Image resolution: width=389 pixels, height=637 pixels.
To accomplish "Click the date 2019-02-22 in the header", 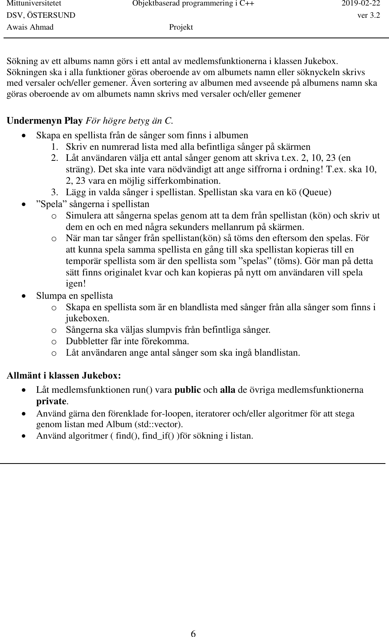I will pyautogui.click(x=361, y=4).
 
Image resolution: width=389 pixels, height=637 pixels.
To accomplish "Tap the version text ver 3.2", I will pyautogui.click(x=369, y=15).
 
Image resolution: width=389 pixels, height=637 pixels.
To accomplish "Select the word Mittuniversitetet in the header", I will pyautogui.click(x=34, y=4).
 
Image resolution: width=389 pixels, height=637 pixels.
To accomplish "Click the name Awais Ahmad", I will pyautogui.click(x=30, y=27).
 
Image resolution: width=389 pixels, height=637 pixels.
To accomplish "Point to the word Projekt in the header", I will pyautogui.click(x=181, y=27).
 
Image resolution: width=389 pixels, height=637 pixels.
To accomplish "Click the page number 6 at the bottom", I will pyautogui.click(x=193, y=623).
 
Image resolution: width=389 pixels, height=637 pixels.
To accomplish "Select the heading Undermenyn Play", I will pyautogui.click(x=45, y=121).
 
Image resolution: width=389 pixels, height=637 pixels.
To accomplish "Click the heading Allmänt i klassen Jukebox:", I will pyautogui.click(x=64, y=375).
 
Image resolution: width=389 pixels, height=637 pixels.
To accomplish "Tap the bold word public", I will pyautogui.click(x=188, y=390).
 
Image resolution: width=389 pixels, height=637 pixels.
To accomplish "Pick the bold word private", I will pyautogui.click(x=51, y=401).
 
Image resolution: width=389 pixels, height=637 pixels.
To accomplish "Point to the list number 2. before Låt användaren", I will pyautogui.click(x=55, y=158).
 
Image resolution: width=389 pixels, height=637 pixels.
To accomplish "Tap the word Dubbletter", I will pyautogui.click(x=87, y=341).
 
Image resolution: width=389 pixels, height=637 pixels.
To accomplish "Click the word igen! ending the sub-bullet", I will pyautogui.click(x=76, y=284).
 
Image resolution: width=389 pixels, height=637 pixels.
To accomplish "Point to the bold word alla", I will pyautogui.click(x=227, y=390).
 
